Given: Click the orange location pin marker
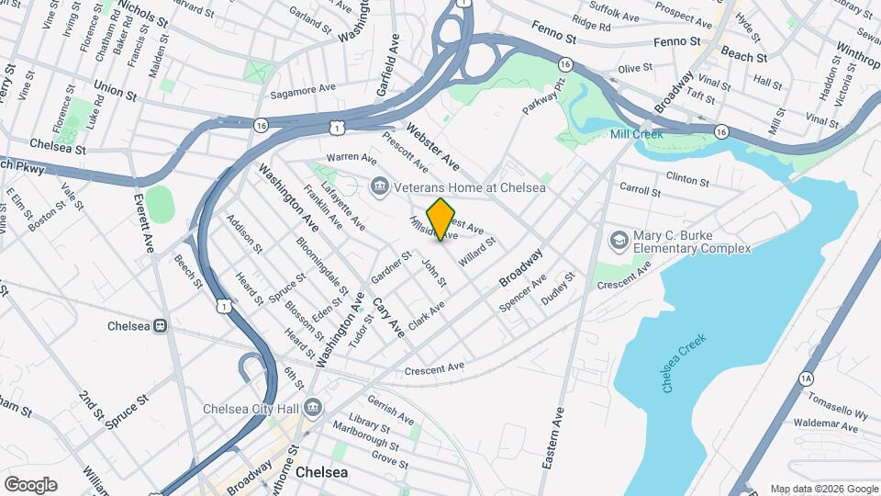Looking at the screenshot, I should [440, 219].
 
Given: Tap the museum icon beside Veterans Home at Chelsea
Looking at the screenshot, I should [379, 187].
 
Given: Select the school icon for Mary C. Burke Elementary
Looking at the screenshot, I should [619, 240].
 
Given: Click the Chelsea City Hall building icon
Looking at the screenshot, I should [313, 406].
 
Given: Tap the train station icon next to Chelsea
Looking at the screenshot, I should [160, 326].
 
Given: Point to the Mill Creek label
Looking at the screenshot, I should [637, 134].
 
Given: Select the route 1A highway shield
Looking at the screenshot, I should [806, 378].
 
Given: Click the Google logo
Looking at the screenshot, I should [30, 485].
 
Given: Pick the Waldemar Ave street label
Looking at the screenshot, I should [799, 423].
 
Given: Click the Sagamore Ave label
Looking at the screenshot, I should [304, 94].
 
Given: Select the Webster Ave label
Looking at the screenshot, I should [432, 146].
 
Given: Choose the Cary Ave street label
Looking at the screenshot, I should [388, 315].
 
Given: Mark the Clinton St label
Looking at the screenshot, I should [688, 176].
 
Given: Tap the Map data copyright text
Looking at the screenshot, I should [823, 489].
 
